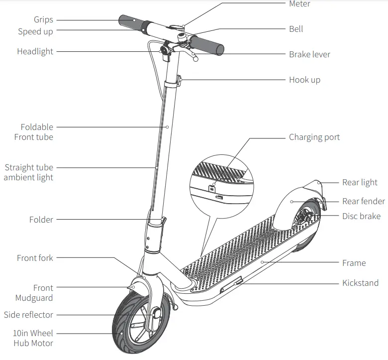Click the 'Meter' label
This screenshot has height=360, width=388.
pos(299,4)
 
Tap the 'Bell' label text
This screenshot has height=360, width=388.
pos(296,29)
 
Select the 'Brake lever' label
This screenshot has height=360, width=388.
pos(309,54)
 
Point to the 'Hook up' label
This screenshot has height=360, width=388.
pos(304,80)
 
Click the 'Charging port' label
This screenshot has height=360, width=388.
pos(314,137)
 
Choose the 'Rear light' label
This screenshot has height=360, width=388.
pos(360,182)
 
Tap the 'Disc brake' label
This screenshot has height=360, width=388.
pos(361,216)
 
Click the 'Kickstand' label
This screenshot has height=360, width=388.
pos(360,283)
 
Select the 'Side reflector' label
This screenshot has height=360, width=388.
pos(28,315)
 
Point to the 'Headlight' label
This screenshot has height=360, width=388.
pos(35,51)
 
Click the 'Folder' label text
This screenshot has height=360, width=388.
pos(41,220)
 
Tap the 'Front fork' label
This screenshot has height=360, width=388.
pos(35,258)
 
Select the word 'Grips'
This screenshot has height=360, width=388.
pos(43,20)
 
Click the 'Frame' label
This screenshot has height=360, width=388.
pos(354,263)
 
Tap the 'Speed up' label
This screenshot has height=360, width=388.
pos(35,31)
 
